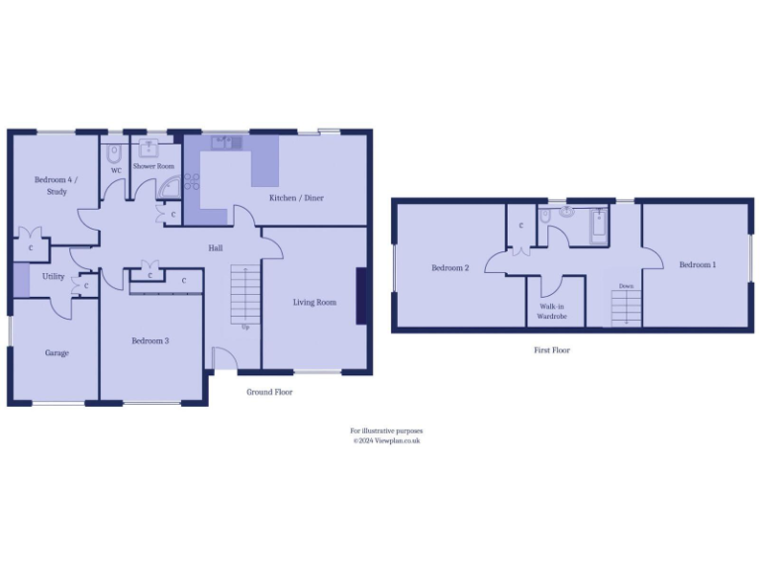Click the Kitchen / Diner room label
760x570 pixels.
tap(296, 198)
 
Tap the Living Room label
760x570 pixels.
tap(315, 302)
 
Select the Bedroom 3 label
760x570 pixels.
tap(150, 341)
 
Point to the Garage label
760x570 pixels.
tap(56, 352)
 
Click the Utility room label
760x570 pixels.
tap(53, 277)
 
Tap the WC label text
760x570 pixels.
tap(116, 171)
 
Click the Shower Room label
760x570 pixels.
tap(153, 166)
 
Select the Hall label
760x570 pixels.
tap(215, 248)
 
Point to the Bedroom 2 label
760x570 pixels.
tap(450, 267)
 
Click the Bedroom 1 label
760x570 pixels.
tap(698, 265)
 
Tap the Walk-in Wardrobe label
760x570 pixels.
tap(551, 313)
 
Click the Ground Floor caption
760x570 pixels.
tap(269, 392)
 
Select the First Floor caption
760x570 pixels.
tap(551, 350)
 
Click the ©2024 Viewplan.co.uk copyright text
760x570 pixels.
tap(387, 441)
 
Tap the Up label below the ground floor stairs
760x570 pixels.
tap(244, 326)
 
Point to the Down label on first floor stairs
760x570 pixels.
tap(625, 286)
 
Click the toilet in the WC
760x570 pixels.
tap(114, 155)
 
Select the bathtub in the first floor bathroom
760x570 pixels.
tap(600, 226)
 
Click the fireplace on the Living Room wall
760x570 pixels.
tap(362, 296)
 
